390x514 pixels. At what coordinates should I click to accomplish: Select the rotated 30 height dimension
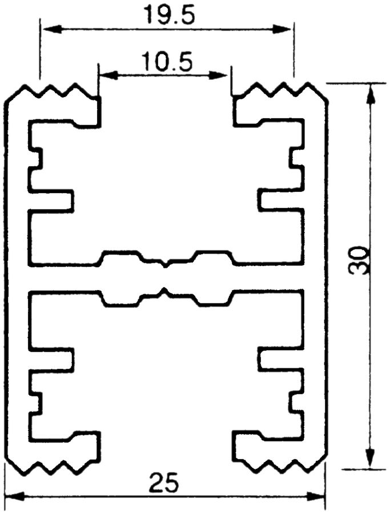(360, 260)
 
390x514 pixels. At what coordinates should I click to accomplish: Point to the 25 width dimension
(164, 484)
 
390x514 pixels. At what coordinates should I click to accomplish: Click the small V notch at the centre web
(165, 264)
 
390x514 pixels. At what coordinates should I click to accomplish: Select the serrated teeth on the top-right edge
(279, 90)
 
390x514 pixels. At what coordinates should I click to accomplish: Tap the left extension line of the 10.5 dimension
(98, 80)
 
